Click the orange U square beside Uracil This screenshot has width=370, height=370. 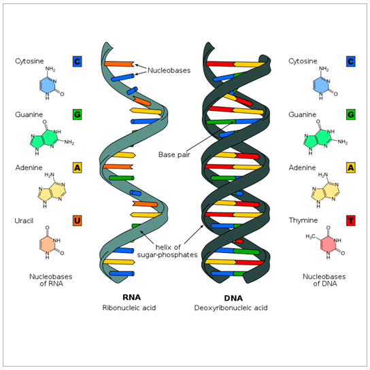coord(78,220)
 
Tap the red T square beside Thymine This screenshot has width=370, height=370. coord(350,220)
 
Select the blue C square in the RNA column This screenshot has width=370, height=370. coord(78,62)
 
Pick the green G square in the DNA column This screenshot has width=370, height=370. coord(350,114)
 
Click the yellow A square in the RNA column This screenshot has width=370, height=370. coord(78,167)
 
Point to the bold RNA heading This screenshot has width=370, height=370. coord(131,297)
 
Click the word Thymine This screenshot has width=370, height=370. coord(303,220)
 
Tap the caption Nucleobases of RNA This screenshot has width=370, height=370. coord(51,280)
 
